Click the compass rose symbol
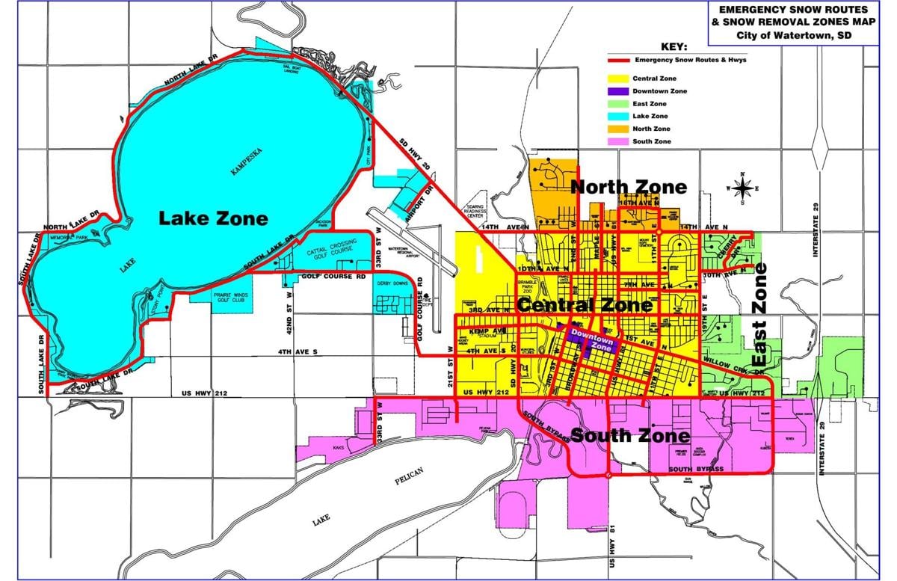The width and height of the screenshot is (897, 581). [742, 188]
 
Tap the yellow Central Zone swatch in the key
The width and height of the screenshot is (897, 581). [617, 79]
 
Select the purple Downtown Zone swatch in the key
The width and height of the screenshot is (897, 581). [617, 91]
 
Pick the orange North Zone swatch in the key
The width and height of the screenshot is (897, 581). [617, 129]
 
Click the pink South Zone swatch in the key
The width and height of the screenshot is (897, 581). [617, 141]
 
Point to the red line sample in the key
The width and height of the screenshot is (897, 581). [617, 60]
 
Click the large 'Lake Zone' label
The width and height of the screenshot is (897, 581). [212, 218]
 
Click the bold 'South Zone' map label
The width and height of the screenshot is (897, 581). [629, 435]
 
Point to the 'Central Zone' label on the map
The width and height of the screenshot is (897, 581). [584, 305]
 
